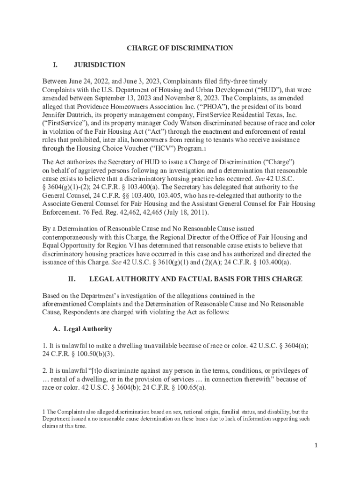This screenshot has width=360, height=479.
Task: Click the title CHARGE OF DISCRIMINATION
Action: pos(180,48)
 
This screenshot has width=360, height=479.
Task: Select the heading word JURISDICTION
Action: pos(100,65)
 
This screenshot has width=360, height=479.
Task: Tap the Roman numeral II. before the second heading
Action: pos(72,279)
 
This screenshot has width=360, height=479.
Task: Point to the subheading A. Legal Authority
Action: pos(82,329)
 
